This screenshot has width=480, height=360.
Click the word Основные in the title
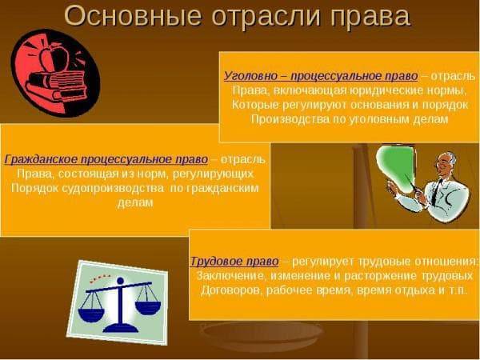tap(133, 16)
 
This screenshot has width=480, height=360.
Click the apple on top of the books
tap(55, 56)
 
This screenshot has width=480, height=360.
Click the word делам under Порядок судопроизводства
tap(135, 202)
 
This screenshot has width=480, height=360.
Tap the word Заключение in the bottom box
tap(230, 276)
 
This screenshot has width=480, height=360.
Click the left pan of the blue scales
tap(91, 314)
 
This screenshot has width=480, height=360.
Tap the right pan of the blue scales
tap(148, 307)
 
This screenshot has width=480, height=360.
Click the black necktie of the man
tap(437, 192)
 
